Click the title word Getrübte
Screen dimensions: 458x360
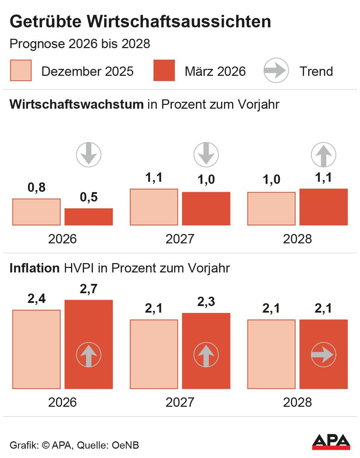tap(46, 21)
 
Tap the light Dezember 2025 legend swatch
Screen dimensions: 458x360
tap(21, 71)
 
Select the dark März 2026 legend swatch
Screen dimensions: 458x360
tap(164, 71)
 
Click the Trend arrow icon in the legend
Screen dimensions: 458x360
tap(276, 71)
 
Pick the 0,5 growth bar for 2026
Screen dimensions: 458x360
tap(89, 217)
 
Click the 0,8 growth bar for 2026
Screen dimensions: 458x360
tap(36, 212)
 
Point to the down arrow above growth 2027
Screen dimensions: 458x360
tap(206, 154)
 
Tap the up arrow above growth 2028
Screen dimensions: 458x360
tap(324, 154)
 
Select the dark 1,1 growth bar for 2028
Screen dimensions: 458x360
tap(324, 207)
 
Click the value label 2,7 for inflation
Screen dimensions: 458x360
tap(89, 289)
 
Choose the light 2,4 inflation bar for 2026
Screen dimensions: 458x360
tap(36, 349)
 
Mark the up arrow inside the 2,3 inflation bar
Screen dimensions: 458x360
tap(206, 354)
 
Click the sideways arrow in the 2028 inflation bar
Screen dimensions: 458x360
tap(324, 354)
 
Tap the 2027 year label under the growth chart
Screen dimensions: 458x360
tap(180, 239)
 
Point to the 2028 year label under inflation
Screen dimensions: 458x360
tap(297, 402)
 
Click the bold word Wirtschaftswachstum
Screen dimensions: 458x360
tap(77, 104)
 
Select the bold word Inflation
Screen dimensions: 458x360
tap(35, 268)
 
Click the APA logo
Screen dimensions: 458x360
tap(331, 441)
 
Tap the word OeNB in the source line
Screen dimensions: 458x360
tap(125, 445)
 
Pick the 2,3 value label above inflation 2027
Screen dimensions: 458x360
tap(206, 302)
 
